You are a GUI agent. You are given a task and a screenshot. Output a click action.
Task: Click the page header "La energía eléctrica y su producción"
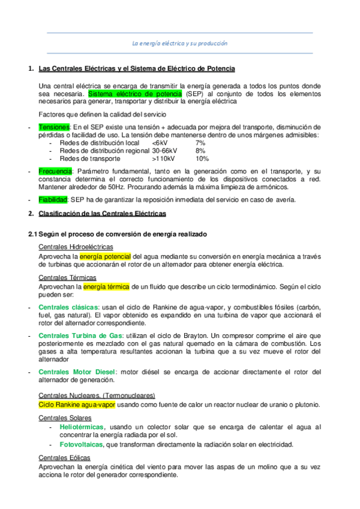pyautogui.click(x=179, y=43)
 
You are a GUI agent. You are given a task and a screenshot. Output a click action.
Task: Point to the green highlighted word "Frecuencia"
pyautogui.click(x=55, y=172)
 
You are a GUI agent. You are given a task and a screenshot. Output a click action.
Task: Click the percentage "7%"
pyautogui.click(x=200, y=143)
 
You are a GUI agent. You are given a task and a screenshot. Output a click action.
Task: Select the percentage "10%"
pyautogui.click(x=202, y=159)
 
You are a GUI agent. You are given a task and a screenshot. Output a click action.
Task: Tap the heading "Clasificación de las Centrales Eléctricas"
pyautogui.click(x=102, y=214)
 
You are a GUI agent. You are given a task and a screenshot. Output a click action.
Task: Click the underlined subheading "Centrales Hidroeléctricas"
pyautogui.click(x=76, y=247)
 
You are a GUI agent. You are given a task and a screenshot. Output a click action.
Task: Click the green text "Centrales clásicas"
pyautogui.click(x=68, y=307)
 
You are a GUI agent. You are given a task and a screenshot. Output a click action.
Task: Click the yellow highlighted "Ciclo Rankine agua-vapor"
pyautogui.click(x=77, y=405)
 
